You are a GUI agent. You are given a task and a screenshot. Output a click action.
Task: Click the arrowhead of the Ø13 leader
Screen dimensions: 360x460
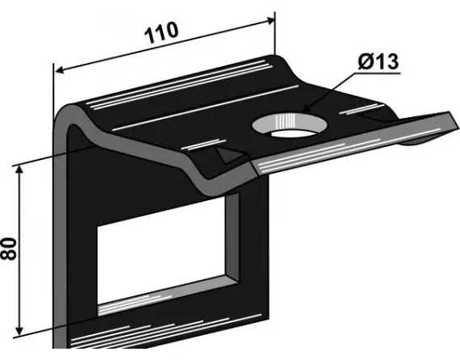(304, 112)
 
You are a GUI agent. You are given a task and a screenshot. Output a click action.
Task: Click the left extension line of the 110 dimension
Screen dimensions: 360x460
(54, 89)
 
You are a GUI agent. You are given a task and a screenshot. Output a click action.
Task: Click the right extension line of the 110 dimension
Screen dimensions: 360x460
(275, 32)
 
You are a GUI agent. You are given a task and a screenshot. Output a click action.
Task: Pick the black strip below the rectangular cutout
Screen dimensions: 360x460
(153, 331)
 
